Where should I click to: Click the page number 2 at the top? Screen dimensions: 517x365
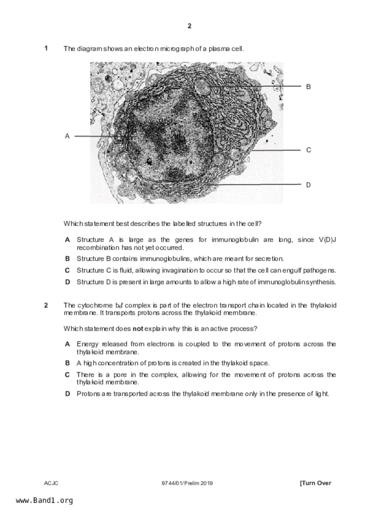[189, 26]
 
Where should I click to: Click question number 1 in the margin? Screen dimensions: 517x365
[46, 48]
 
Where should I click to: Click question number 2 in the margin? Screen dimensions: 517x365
[46, 305]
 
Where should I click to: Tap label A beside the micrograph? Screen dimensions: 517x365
[67, 136]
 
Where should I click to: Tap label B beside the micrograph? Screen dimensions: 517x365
[308, 87]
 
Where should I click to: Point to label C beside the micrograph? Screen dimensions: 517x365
[308, 150]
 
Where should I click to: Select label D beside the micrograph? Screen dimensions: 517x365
[308, 185]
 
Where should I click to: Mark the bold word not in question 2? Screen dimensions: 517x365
[138, 329]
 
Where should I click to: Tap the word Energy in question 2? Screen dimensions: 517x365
[87, 344]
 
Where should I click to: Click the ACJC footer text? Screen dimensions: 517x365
[51, 483]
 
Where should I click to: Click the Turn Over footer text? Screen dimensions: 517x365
[316, 483]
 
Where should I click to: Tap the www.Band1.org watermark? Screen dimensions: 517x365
[44, 500]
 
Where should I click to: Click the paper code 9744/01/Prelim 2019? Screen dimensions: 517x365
[187, 483]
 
